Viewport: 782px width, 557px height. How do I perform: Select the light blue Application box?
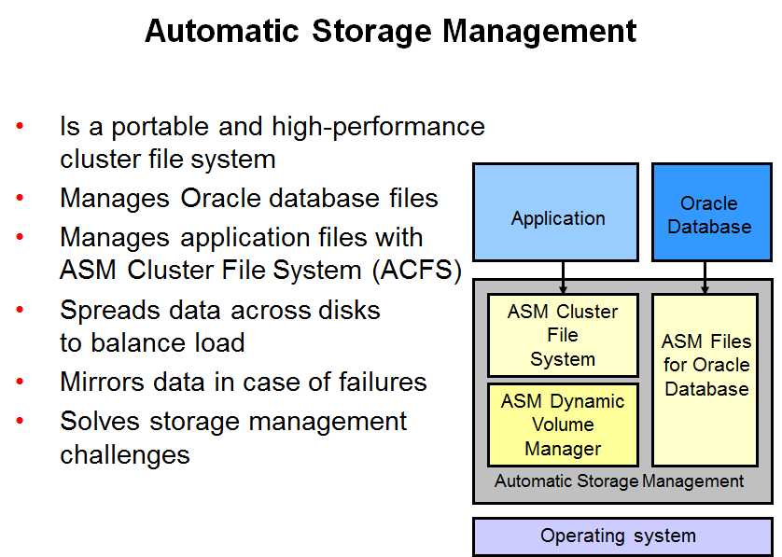(x=555, y=212)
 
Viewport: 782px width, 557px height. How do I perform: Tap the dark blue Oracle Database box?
(x=712, y=212)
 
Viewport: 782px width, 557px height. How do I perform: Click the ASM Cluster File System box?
(x=563, y=335)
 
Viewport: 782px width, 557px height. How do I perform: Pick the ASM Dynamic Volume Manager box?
(x=563, y=425)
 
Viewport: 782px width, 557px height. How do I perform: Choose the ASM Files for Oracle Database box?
(x=705, y=380)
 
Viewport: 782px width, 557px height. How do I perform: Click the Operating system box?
(x=622, y=536)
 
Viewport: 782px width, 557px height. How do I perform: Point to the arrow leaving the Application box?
(x=563, y=277)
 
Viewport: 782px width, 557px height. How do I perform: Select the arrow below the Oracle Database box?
(x=705, y=277)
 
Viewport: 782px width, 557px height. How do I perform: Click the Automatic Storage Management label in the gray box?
(x=619, y=481)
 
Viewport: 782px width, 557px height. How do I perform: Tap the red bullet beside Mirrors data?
(x=20, y=382)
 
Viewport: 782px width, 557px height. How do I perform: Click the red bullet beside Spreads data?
(x=20, y=310)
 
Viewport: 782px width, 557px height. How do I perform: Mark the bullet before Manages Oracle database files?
(x=20, y=198)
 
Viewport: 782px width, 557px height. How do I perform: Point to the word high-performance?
(x=378, y=127)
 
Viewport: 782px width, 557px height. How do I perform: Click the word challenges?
(x=125, y=454)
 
